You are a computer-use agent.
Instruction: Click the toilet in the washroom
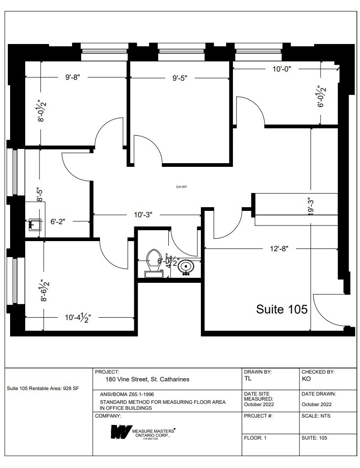154,262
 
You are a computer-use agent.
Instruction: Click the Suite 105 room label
281,309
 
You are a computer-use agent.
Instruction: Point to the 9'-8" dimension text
72,77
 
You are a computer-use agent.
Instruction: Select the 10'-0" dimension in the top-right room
282,68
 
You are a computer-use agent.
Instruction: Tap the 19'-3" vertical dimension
312,206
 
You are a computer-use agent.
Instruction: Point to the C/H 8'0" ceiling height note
182,187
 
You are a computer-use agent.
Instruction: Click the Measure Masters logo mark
120,431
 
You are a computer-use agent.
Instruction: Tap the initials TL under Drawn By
249,379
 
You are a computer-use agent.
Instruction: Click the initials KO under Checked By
306,379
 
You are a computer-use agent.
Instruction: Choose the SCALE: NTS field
316,416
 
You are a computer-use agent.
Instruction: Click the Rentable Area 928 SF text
43,388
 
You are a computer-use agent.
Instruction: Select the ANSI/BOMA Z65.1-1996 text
128,394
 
